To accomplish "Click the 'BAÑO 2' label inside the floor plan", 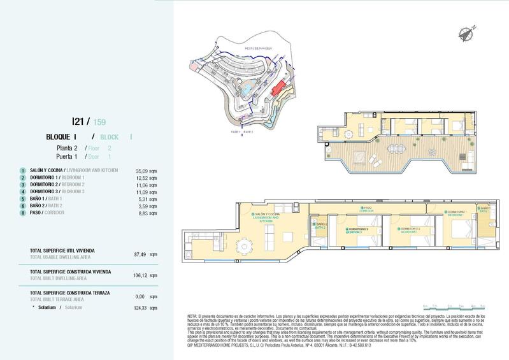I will [x=321, y=225].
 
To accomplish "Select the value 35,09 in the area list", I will [x=146, y=171].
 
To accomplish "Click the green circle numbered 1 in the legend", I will [x=22, y=171].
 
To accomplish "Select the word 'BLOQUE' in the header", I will [x=59, y=137].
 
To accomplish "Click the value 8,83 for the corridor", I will [x=147, y=213].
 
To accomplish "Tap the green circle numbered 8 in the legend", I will [x=22, y=213].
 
